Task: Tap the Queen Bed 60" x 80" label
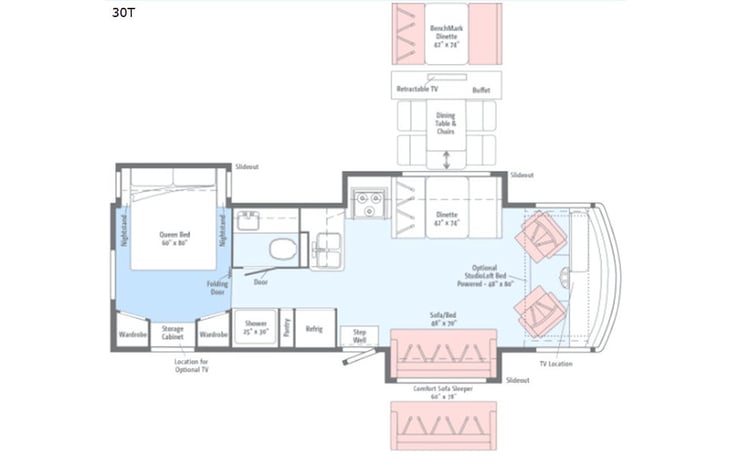tap(174, 239)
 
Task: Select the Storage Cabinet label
tap(173, 332)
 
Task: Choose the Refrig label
tap(314, 329)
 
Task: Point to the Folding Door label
tap(217, 288)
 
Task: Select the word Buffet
tap(481, 89)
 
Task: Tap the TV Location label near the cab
tap(556, 363)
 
